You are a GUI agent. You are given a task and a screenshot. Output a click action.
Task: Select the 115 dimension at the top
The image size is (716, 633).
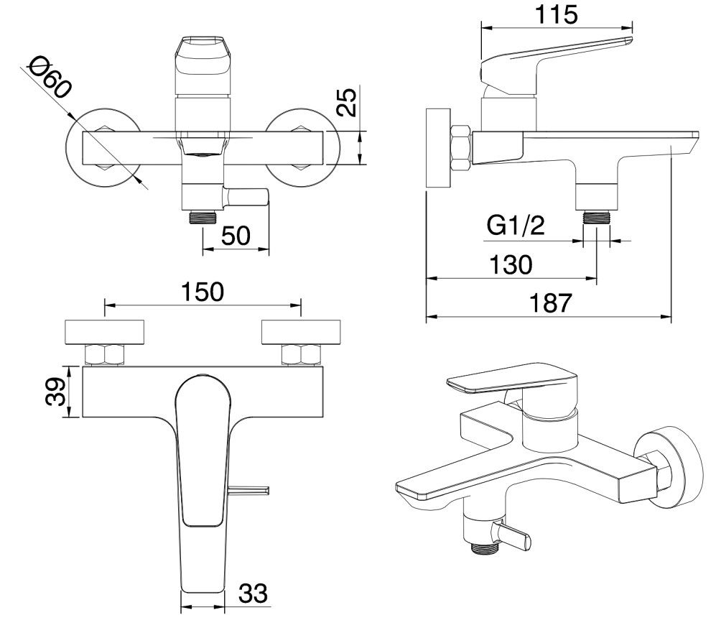coord(556,14)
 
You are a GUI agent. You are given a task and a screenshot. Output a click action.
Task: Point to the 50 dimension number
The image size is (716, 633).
coord(236,236)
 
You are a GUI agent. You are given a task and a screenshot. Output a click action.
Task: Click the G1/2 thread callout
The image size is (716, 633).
coord(516,225)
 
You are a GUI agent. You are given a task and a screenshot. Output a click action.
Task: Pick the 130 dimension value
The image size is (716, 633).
coord(511,265)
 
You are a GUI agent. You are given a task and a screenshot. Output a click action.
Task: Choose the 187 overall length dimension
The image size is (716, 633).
coord(550,302)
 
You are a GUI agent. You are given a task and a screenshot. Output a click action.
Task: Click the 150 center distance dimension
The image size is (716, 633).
coord(203,292)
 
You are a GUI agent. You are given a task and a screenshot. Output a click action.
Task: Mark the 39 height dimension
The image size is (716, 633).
coord(55,392)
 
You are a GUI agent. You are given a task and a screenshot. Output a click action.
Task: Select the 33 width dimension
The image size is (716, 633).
coord(253,593)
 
